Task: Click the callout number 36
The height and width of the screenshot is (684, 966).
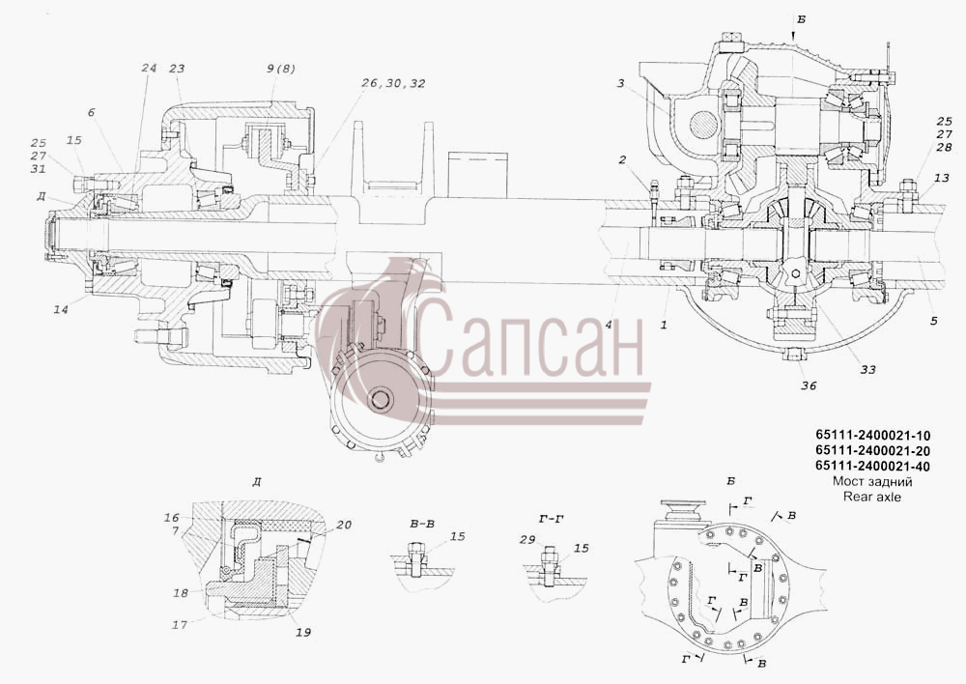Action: click(809, 385)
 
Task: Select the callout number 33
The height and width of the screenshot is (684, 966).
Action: click(867, 370)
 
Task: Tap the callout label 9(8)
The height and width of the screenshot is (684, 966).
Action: click(281, 69)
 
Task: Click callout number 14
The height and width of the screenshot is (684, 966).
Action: click(60, 309)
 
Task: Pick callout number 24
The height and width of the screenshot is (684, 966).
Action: click(149, 68)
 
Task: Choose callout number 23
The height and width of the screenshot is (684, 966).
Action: click(177, 68)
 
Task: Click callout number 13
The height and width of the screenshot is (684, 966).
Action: click(941, 178)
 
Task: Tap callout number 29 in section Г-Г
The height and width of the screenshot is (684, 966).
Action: click(527, 540)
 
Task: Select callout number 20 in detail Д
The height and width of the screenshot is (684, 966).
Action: click(344, 525)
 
